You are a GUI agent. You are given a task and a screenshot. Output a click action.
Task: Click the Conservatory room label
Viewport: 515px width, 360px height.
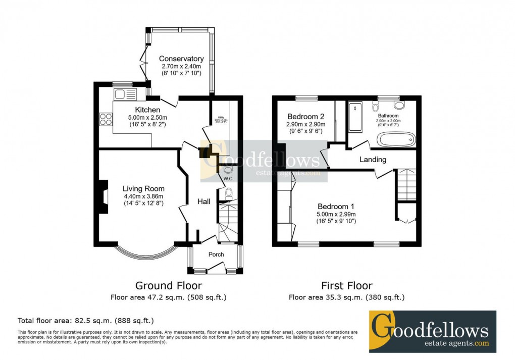(x=181, y=59)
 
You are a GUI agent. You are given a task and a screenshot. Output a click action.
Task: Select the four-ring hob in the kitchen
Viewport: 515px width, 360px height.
(x=107, y=119)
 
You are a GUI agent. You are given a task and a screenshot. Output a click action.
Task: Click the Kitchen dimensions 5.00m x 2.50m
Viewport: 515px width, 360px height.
(x=147, y=117)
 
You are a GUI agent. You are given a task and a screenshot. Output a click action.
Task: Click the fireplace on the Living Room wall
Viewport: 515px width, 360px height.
(x=103, y=196)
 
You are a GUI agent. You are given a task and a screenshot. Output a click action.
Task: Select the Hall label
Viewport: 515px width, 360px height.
(x=204, y=201)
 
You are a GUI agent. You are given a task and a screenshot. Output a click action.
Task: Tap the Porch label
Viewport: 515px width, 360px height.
(x=216, y=254)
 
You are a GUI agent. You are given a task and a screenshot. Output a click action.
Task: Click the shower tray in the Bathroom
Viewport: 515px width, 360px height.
(x=355, y=117)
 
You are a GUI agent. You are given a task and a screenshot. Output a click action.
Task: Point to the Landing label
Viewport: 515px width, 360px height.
(x=373, y=160)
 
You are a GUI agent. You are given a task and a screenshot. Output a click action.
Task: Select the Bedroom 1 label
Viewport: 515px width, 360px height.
(x=336, y=206)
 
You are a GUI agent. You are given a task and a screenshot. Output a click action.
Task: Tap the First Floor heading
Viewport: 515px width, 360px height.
(x=347, y=286)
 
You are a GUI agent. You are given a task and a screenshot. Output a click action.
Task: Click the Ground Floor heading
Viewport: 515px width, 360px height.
(x=169, y=286)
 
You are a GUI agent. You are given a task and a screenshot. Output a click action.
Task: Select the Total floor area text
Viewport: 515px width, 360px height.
(x=86, y=320)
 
